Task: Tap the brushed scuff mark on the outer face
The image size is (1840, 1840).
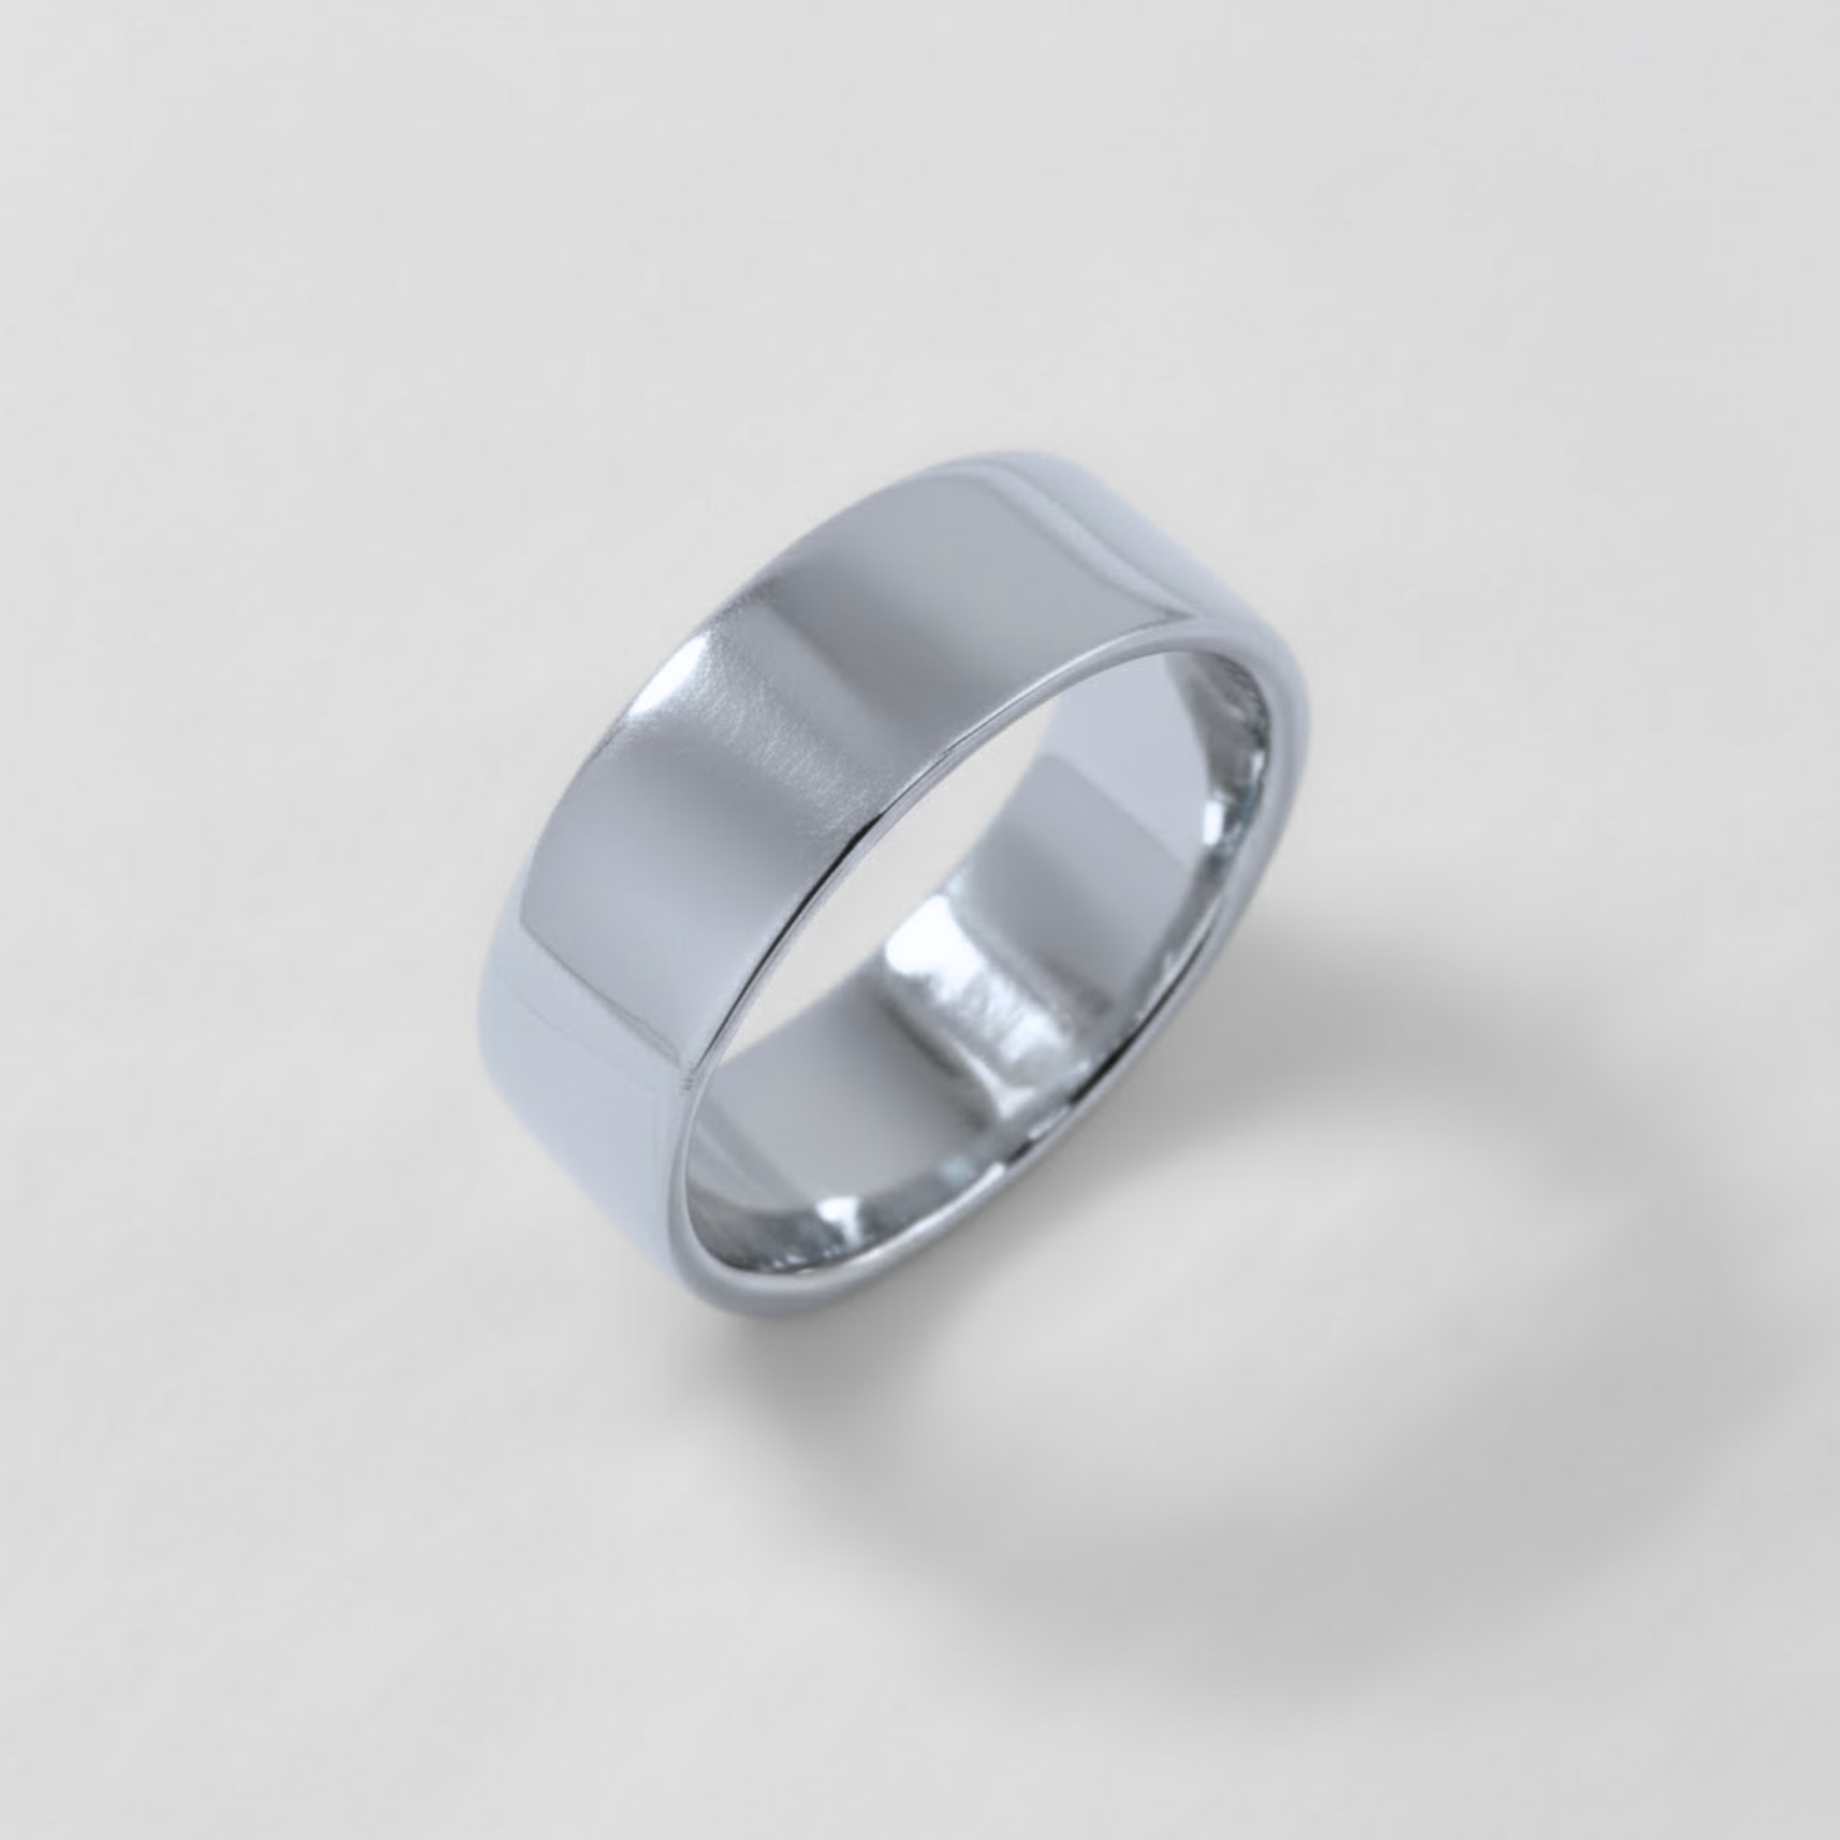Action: (781, 762)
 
